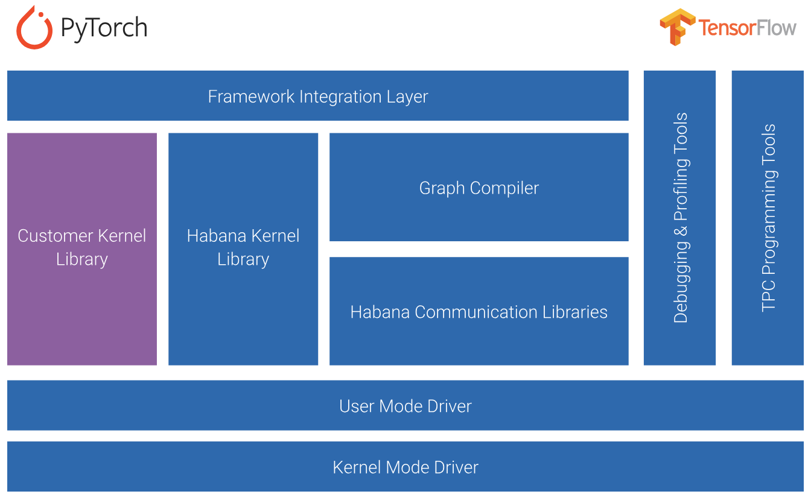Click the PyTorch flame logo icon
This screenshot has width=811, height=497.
34,28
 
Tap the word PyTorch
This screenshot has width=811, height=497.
104,28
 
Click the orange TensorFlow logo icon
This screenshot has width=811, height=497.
678,27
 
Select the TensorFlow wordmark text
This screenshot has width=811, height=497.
747,28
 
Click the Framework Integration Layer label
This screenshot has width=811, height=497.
318,97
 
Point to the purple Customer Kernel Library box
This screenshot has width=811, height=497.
82,249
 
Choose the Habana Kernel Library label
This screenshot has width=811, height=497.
243,247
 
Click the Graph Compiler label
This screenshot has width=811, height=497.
479,188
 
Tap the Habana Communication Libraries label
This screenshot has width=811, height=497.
479,312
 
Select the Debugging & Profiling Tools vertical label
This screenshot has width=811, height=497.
681,218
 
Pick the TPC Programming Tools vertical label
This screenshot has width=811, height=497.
768,218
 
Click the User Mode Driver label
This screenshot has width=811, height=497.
405,406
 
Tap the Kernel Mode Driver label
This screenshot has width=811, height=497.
405,467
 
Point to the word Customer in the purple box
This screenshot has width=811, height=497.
56,236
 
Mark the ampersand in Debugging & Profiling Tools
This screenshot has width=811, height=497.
681,232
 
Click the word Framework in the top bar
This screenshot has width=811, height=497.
251,97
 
